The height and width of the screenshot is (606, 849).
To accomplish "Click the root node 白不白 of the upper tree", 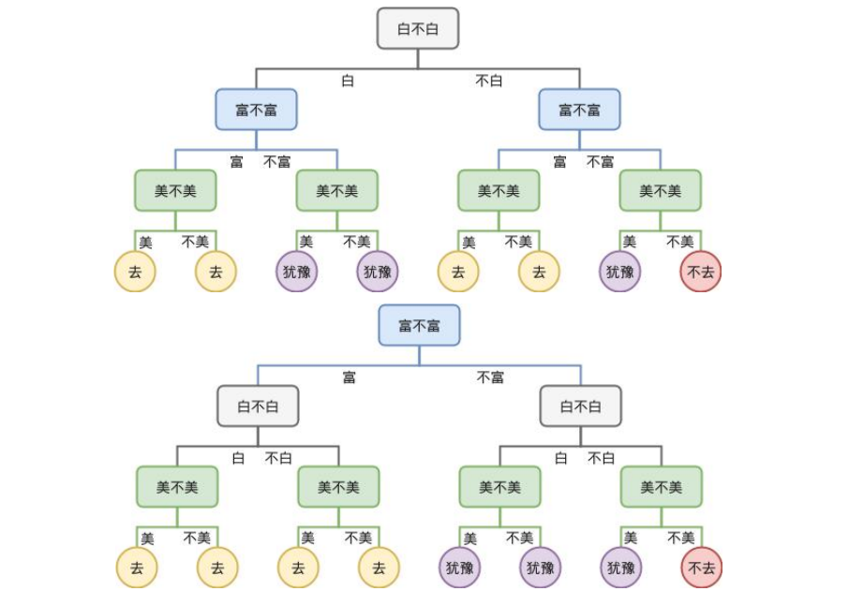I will click(418, 29).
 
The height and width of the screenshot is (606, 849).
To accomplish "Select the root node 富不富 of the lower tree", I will click(419, 326).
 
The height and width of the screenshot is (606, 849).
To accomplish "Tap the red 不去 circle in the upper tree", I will click(701, 272).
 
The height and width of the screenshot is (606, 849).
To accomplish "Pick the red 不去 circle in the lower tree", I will click(702, 568).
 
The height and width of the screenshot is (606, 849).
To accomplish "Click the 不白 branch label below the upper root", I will click(489, 81).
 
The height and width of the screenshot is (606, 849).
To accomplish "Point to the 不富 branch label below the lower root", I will click(490, 377).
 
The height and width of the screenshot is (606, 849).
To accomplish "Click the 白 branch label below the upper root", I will click(348, 81).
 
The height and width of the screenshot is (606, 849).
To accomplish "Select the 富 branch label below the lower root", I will click(349, 377).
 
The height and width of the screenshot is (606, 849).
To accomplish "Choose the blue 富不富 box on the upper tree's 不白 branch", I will click(579, 110).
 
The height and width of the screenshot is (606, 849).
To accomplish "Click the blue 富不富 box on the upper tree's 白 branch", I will click(256, 110).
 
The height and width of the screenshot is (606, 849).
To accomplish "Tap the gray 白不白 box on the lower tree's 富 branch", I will click(258, 406).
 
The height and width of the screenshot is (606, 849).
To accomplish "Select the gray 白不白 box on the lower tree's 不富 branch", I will click(580, 406).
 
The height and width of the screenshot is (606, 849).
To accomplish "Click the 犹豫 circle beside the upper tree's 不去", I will click(620, 272).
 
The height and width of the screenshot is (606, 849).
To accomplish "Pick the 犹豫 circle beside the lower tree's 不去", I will click(621, 568).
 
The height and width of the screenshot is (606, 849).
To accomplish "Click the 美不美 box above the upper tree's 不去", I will click(660, 191).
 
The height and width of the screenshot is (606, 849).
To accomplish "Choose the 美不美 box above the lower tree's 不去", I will click(661, 487).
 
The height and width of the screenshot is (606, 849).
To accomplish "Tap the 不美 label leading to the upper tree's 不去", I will click(680, 242).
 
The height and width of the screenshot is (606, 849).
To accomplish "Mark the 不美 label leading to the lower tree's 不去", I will click(681, 538).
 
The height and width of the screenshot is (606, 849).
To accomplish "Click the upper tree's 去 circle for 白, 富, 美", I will click(135, 272).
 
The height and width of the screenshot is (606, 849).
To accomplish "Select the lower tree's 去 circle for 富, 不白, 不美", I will click(379, 568).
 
